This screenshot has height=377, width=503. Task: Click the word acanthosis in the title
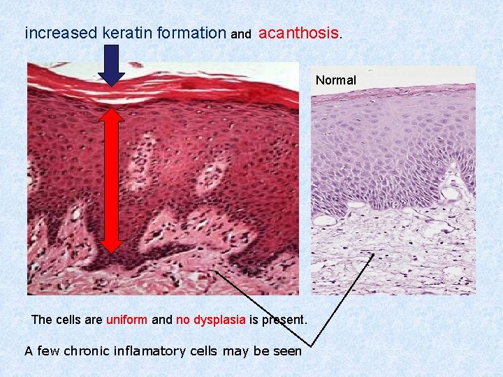[298, 33]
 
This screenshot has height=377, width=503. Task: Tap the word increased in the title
[61, 33]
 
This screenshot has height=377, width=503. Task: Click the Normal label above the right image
[335, 80]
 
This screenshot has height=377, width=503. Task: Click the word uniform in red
[126, 320]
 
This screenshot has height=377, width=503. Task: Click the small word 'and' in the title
[240, 34]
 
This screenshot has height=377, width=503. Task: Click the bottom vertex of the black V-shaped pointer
[309, 345]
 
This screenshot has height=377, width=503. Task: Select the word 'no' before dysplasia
[183, 320]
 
